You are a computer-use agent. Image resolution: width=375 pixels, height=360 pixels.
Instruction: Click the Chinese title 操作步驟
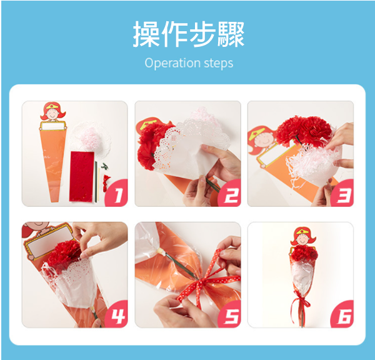tap(189, 34)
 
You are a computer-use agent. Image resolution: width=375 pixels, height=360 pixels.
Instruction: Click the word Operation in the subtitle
tap(172, 63)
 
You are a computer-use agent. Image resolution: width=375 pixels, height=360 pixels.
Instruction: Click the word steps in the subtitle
tap(219, 63)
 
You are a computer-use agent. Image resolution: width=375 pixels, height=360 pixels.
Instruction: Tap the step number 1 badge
tap(117, 193)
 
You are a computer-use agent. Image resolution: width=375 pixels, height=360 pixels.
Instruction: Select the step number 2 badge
tap(230, 193)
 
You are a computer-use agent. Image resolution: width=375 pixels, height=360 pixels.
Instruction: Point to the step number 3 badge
tap(342, 193)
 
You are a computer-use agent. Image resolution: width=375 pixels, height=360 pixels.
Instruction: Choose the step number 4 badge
tap(117, 314)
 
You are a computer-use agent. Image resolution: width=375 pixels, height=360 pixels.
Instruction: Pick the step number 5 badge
tap(230, 314)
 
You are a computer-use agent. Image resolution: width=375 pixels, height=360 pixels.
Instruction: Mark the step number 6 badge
tap(342, 314)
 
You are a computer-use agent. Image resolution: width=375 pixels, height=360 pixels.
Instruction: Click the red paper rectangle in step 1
tap(81, 176)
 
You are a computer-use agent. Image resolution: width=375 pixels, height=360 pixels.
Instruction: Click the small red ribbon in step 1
tap(106, 183)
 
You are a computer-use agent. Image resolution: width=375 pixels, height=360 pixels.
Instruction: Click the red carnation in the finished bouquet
tap(304, 254)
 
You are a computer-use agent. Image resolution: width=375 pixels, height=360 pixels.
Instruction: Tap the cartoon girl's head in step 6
tap(303, 237)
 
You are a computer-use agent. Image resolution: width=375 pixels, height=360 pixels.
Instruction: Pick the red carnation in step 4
tap(64, 254)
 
